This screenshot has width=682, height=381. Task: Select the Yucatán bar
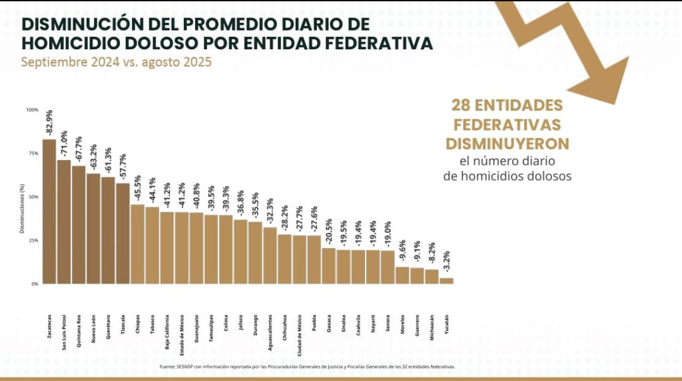tap(446, 281)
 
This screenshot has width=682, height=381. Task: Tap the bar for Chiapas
tap(137, 244)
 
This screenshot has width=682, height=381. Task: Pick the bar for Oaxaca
tap(329, 266)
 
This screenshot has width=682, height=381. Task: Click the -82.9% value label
tap(50, 123)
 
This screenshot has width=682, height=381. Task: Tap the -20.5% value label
tap(329, 233)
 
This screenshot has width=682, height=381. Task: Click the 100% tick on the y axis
tap(33, 110)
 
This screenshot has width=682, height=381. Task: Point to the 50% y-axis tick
tap(33, 197)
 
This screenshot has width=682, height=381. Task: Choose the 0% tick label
tap(35, 284)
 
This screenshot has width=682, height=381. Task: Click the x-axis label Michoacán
tap(432, 328)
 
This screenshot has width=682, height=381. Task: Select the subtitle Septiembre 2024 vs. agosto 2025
tap(116, 63)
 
